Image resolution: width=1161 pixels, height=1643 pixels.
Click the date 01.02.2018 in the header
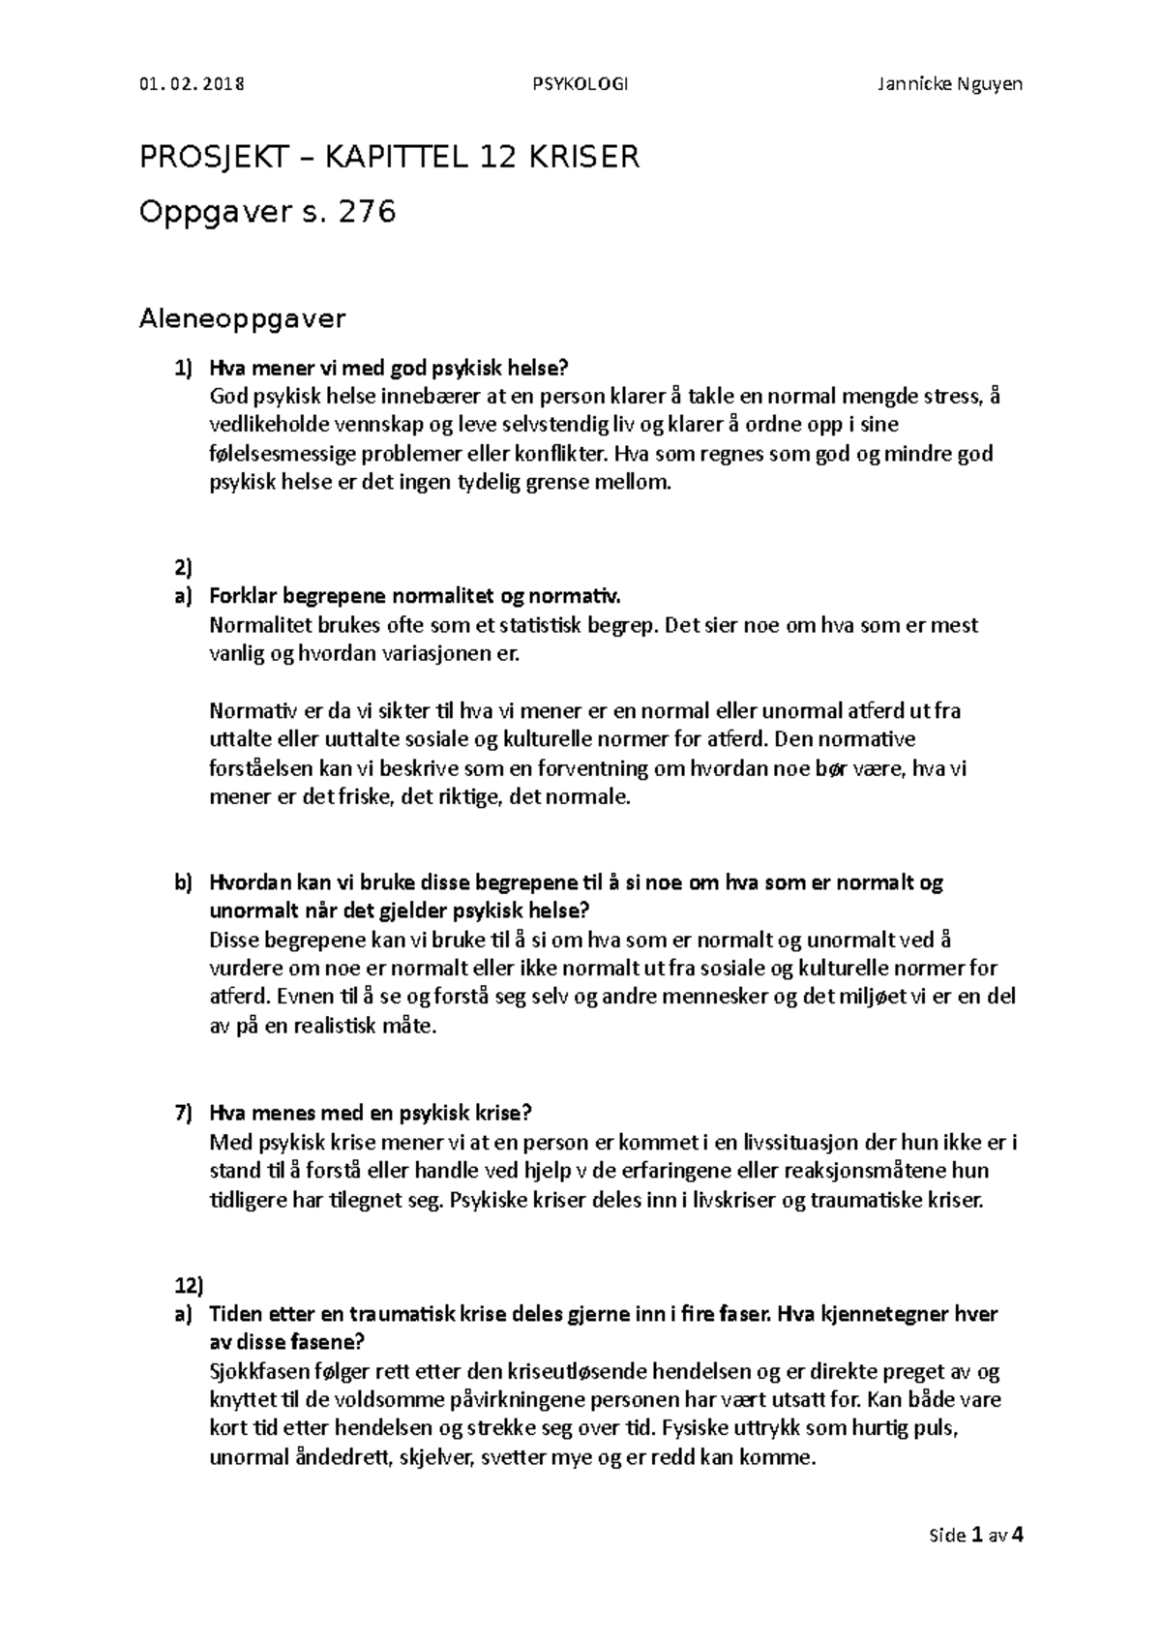tap(192, 83)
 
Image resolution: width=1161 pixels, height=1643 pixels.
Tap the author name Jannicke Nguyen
tap(949, 83)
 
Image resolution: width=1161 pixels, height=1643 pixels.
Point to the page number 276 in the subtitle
tap(365, 211)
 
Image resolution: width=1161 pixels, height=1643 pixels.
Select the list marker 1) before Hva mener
tap(184, 368)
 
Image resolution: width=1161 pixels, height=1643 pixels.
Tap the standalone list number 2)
tap(184, 568)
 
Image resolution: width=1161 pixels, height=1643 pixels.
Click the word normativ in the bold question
tap(573, 596)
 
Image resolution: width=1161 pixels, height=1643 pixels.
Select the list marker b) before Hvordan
tap(184, 882)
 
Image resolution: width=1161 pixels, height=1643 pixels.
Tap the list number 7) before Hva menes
tap(184, 1113)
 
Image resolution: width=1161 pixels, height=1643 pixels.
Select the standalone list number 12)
tap(190, 1286)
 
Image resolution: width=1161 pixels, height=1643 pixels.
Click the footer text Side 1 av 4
tap(976, 1535)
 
